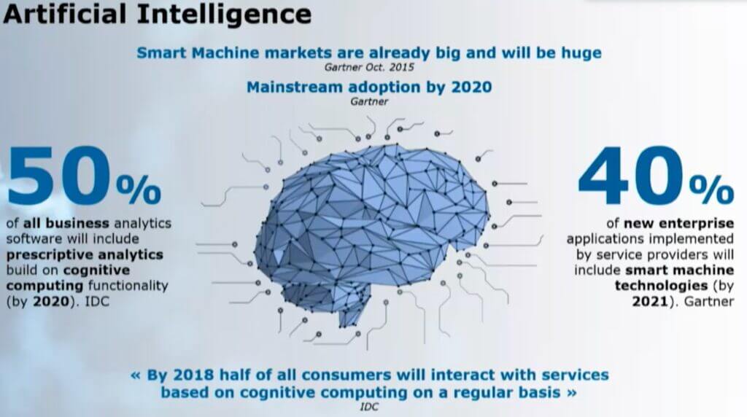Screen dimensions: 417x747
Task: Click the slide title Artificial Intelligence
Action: (x=156, y=15)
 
